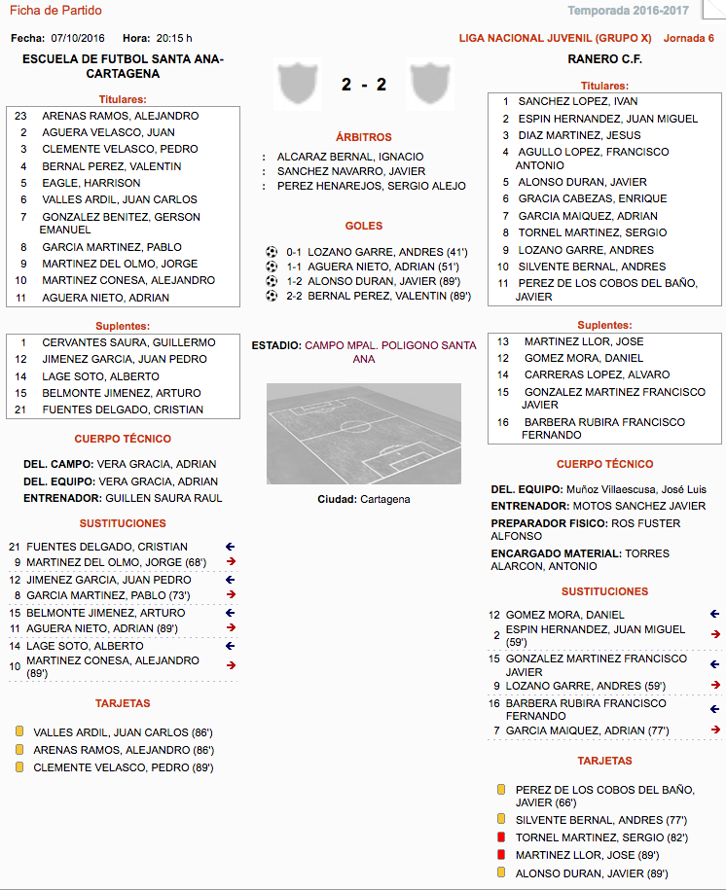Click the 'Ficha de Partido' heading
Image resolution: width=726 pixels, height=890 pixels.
[55, 11]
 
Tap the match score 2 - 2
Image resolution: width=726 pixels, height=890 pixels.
[364, 85]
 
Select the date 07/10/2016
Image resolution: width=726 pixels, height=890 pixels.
[79, 38]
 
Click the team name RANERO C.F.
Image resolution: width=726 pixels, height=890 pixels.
[604, 59]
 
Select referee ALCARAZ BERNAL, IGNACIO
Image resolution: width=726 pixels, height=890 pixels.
[350, 156]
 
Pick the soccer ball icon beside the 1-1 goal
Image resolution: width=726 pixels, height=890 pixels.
[272, 266]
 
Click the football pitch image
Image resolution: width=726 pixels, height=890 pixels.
[363, 434]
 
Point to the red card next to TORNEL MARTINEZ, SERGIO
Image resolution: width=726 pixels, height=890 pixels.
[501, 837]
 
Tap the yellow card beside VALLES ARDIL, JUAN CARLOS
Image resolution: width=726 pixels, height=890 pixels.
[18, 732]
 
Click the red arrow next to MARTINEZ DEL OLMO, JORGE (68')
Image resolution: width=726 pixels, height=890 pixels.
[231, 562]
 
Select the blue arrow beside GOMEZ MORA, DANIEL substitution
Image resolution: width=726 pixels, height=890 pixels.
[714, 614]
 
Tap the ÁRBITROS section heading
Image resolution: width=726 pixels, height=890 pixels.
[363, 138]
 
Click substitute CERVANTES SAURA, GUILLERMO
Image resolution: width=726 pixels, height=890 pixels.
[128, 342]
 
